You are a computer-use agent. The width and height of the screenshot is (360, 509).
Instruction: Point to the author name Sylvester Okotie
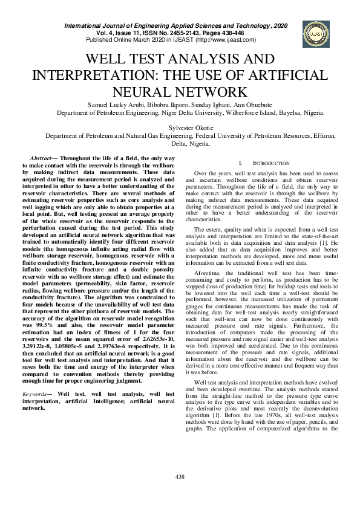click(179, 128)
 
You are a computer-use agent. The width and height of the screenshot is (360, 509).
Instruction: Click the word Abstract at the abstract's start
click(43, 157)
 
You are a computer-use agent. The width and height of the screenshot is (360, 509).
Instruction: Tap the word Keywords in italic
click(43, 394)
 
